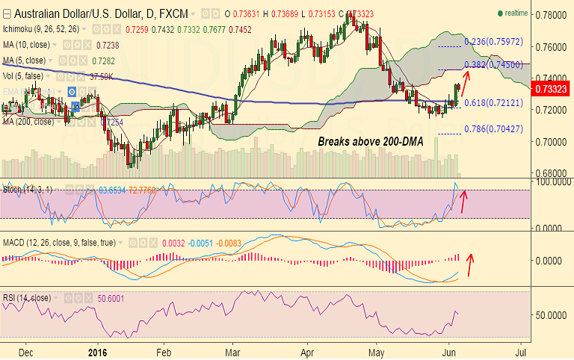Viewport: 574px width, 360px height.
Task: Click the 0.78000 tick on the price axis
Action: click(552, 15)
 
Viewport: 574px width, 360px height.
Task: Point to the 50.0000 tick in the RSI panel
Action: click(552, 316)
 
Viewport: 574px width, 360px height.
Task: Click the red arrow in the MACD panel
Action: click(470, 264)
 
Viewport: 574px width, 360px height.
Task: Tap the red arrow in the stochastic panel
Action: click(463, 202)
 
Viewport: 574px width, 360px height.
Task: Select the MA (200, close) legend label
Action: click(28, 122)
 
